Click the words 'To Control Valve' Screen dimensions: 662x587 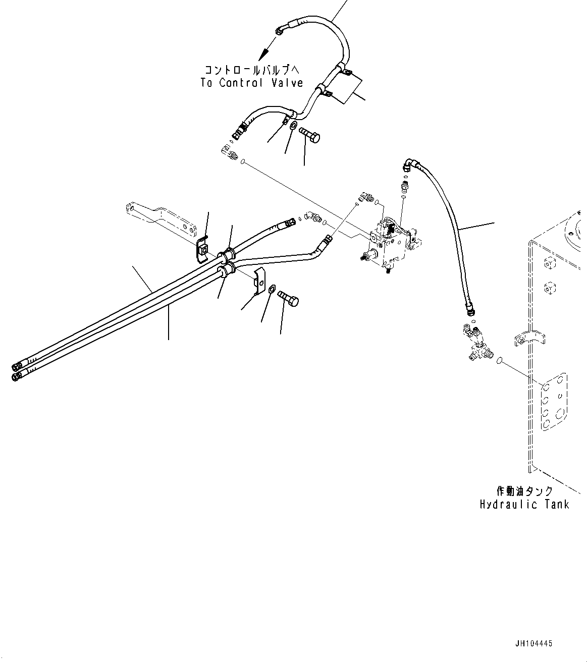point(251,83)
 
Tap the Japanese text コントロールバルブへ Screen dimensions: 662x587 point(251,70)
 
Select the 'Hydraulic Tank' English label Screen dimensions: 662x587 point(524,504)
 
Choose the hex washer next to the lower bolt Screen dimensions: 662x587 point(271,289)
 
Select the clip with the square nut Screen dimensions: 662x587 point(203,250)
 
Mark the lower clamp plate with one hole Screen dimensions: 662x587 point(259,280)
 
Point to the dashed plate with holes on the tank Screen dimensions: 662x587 point(554,402)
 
